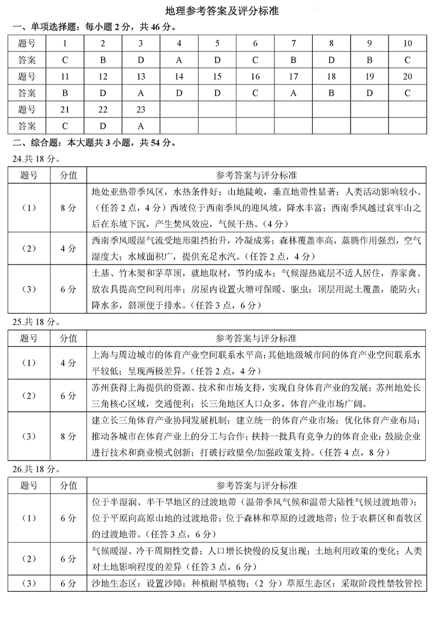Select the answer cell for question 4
pos(179,60)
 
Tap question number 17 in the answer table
pos(293,77)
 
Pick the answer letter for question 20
pos(407,93)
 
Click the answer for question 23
pos(140,126)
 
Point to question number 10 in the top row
pos(407,44)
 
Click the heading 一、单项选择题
pos(38,27)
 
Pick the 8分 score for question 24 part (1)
pos(69,208)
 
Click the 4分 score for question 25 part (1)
pos(69,363)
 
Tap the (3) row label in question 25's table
pos(29,436)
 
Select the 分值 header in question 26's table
pos(69,485)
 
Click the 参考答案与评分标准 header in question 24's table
pos(256,175)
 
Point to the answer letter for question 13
pos(140,93)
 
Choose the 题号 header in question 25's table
pos(29,338)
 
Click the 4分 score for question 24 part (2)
pos(69,248)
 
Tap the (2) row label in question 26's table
pos(29,559)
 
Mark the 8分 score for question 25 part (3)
pos(69,436)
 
